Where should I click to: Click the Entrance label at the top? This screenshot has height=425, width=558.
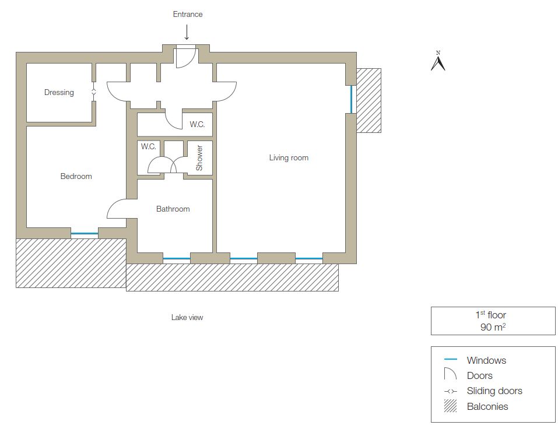click(x=188, y=14)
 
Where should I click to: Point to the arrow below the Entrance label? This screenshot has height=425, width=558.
click(x=187, y=32)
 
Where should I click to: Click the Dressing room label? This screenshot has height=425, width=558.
click(x=59, y=93)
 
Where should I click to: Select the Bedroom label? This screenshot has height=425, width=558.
click(x=76, y=176)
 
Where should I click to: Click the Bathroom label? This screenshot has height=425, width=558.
click(x=173, y=209)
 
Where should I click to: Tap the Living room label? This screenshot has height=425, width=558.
click(x=289, y=157)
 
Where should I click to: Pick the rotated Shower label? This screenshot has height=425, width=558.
click(x=199, y=157)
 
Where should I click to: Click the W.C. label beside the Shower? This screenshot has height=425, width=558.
click(x=149, y=146)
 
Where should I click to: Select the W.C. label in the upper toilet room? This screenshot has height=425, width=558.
click(x=197, y=124)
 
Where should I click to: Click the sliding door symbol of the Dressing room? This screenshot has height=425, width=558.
click(x=94, y=92)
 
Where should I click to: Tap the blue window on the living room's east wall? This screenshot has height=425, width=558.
click(x=351, y=99)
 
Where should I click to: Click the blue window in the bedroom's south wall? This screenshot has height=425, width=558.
click(x=85, y=234)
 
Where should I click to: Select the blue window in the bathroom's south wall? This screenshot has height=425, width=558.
click(x=177, y=258)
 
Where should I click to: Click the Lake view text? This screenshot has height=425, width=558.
click(x=187, y=318)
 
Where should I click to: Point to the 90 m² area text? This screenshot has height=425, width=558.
click(x=493, y=327)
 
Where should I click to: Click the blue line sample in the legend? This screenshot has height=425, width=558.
click(x=451, y=360)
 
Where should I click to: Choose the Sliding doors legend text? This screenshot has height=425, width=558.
click(x=494, y=391)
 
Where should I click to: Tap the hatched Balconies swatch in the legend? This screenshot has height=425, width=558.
click(x=450, y=406)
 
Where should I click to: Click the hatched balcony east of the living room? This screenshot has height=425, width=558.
click(x=369, y=100)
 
